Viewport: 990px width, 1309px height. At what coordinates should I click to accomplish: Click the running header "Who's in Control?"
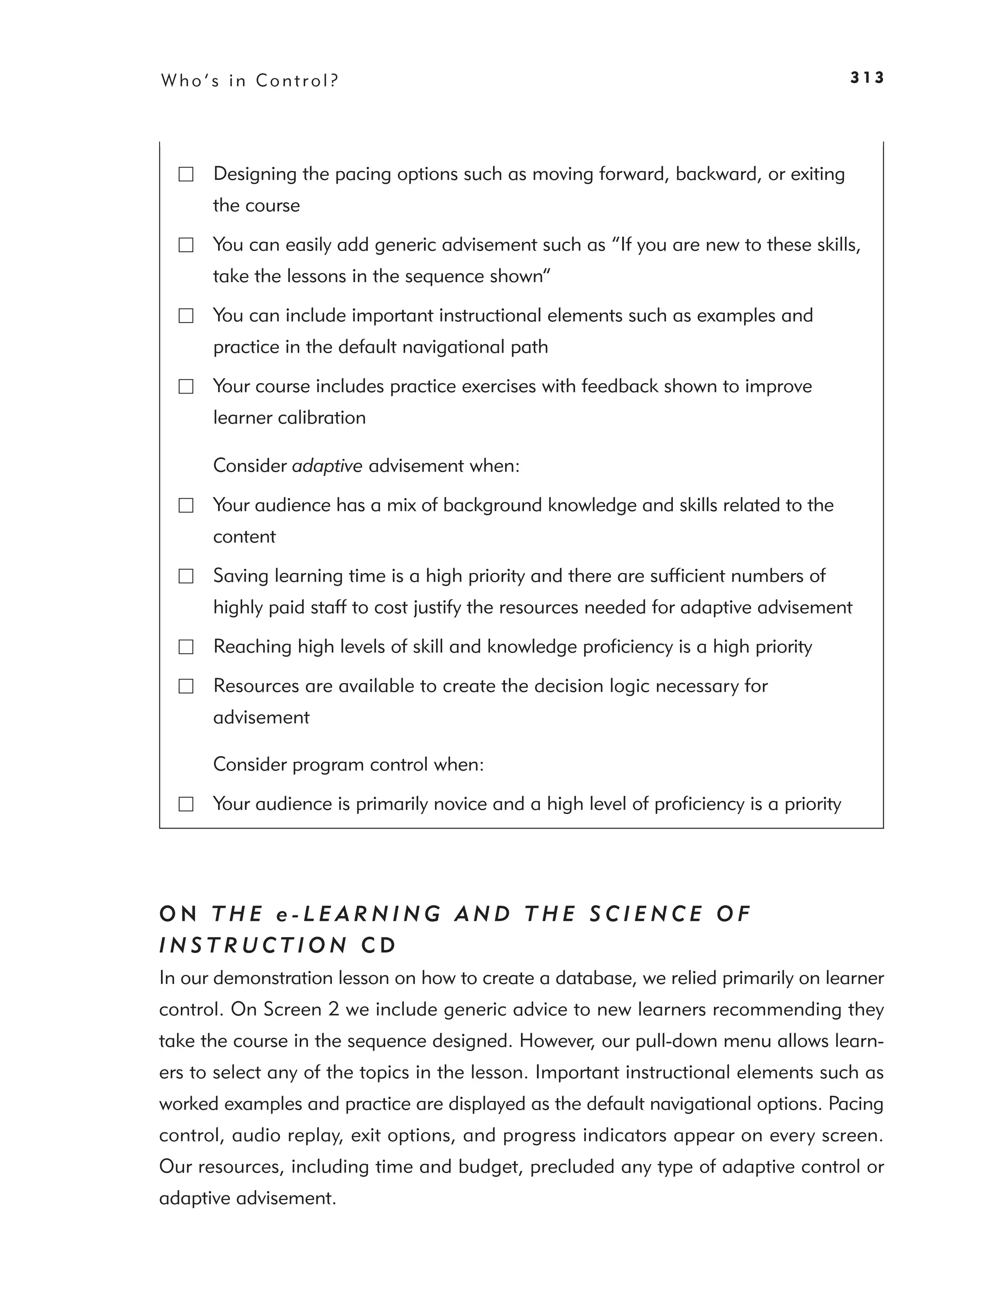pyautogui.click(x=249, y=80)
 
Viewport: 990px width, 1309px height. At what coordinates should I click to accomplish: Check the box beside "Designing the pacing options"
pyautogui.click(x=186, y=175)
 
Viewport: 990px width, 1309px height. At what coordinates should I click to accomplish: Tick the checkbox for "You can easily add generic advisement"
pyautogui.click(x=186, y=245)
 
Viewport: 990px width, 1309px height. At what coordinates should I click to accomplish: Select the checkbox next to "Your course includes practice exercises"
pyautogui.click(x=186, y=387)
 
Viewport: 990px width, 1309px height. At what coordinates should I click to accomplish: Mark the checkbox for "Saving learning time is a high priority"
pyautogui.click(x=186, y=577)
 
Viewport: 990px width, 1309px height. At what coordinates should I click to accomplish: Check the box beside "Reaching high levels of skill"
pyautogui.click(x=186, y=647)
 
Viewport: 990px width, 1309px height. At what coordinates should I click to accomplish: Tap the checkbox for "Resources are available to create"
pyautogui.click(x=186, y=686)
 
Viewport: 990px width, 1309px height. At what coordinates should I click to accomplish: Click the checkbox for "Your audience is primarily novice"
pyautogui.click(x=186, y=804)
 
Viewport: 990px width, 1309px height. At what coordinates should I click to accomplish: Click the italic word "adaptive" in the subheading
pyautogui.click(x=327, y=466)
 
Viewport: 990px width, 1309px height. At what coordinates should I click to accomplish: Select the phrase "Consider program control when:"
pyautogui.click(x=349, y=765)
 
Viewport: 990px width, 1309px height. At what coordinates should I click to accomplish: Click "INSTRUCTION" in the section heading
pyautogui.click(x=253, y=945)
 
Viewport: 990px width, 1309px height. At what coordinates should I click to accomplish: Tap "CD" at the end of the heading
pyautogui.click(x=379, y=945)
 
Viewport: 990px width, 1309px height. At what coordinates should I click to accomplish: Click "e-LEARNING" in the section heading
pyautogui.click(x=358, y=914)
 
